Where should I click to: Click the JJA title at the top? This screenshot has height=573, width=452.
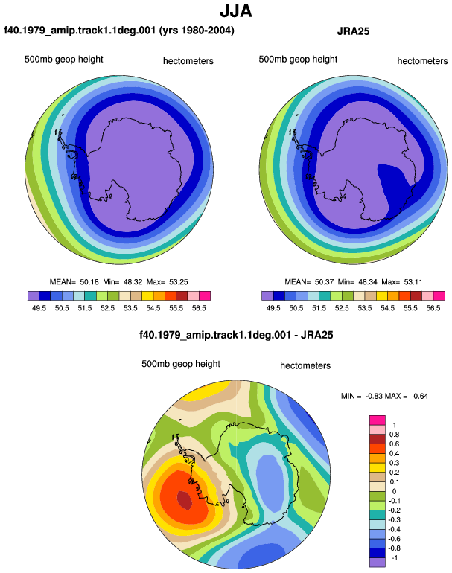236,11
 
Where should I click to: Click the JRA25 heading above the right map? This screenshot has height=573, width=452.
353,31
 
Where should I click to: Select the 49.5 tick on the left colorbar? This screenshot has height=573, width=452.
39,308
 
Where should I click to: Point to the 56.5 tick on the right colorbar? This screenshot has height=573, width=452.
433,308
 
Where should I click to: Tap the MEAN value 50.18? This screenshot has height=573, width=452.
89,282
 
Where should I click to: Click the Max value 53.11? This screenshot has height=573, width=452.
413,282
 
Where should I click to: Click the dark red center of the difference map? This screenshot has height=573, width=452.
185,500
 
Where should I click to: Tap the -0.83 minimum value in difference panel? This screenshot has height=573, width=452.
374,396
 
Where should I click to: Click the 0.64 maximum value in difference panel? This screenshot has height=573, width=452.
421,396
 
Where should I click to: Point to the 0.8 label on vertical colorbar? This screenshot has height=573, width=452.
394,435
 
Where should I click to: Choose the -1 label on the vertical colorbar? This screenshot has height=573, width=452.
395,558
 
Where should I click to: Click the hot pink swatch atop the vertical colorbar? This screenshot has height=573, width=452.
378,420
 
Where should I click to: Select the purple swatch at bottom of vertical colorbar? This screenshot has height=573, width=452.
378,563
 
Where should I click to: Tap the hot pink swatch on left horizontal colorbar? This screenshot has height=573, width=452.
205,295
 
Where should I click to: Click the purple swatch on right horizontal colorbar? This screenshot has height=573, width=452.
267,295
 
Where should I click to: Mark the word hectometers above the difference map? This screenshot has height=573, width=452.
305,365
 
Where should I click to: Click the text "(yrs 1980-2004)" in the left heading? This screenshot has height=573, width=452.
197,31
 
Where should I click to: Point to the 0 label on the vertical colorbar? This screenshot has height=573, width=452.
394,491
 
